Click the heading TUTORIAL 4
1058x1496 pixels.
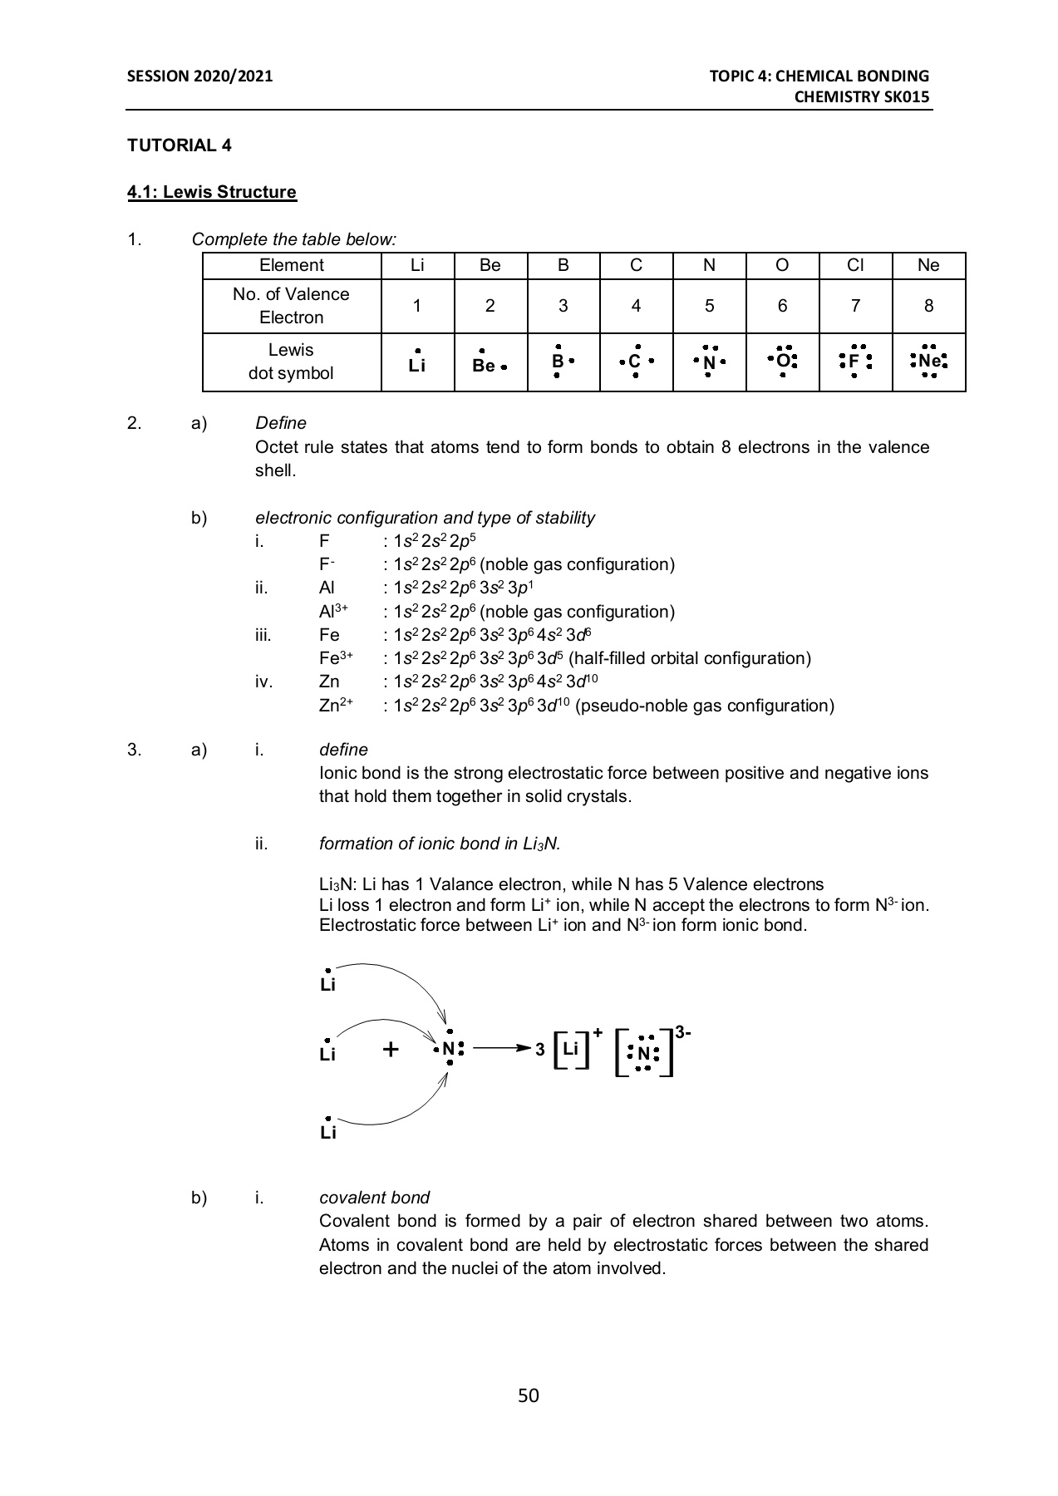click(x=179, y=145)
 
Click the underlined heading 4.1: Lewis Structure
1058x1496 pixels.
click(x=211, y=192)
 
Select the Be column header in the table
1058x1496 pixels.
click(x=490, y=265)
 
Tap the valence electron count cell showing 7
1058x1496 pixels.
click(x=855, y=306)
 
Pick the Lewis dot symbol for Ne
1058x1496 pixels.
click(x=928, y=362)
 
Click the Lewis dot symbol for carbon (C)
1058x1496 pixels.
click(x=635, y=362)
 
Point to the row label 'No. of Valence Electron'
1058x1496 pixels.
click(x=291, y=306)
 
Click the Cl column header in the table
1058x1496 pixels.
click(x=855, y=265)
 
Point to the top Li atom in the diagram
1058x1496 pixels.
click(x=327, y=983)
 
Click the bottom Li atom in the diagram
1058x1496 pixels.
click(x=327, y=1131)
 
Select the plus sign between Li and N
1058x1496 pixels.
click(x=391, y=1050)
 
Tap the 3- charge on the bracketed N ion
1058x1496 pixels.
click(x=682, y=1032)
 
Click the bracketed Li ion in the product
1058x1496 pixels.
click(x=570, y=1049)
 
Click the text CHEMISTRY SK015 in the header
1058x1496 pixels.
click(x=861, y=96)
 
